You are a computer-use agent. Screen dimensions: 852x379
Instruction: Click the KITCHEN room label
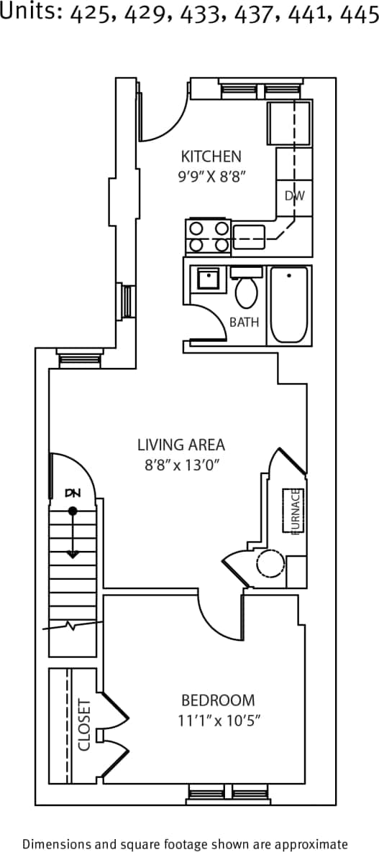click(211, 156)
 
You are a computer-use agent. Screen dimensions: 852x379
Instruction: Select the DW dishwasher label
click(293, 195)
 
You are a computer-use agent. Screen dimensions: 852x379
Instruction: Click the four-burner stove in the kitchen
click(208, 236)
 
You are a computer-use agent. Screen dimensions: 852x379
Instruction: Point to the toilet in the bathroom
click(247, 289)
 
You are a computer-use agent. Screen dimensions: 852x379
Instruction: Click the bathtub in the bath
click(289, 305)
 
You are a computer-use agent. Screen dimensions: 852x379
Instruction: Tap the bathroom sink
click(208, 279)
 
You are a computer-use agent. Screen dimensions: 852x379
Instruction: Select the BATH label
click(244, 323)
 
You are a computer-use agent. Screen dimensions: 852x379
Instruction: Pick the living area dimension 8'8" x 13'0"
click(181, 464)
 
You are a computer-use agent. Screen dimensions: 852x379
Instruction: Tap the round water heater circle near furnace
click(270, 565)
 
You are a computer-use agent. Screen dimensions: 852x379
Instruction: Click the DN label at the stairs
click(73, 493)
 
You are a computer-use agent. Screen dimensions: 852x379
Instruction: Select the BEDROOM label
click(217, 700)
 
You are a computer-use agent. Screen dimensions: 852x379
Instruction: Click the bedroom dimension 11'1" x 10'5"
click(217, 720)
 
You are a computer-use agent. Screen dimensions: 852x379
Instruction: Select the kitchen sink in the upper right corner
click(289, 123)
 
